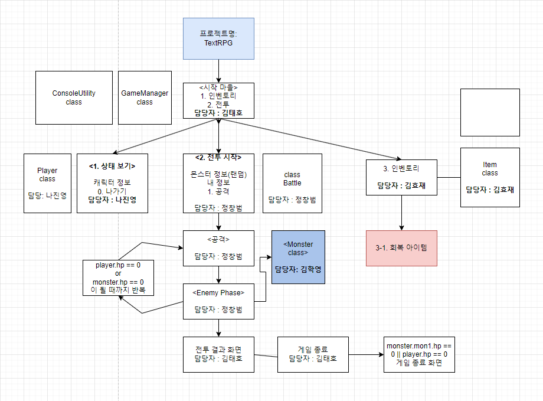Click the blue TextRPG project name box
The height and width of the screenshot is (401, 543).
click(x=218, y=38)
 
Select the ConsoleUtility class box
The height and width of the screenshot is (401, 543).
click(x=74, y=97)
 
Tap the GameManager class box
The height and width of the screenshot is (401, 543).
click(x=145, y=97)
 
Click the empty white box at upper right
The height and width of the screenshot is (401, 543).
click(x=490, y=112)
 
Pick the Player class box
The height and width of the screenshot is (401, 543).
click(x=47, y=183)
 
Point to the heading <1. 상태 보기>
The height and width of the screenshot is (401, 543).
click(x=112, y=166)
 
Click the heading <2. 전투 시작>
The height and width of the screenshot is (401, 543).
click(x=218, y=158)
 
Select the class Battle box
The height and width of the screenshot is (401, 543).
click(x=292, y=183)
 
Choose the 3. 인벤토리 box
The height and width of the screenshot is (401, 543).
click(x=401, y=177)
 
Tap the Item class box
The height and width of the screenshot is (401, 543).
click(x=490, y=177)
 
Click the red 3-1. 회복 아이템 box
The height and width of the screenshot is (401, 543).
click(x=401, y=248)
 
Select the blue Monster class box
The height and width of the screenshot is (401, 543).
click(x=298, y=257)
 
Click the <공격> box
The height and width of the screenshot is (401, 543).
click(x=218, y=248)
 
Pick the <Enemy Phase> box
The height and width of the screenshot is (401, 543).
click(x=218, y=301)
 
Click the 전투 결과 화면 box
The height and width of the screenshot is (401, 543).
click(x=218, y=354)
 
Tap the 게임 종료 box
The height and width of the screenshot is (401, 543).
click(x=313, y=354)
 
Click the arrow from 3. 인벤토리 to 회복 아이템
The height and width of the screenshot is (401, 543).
click(x=401, y=213)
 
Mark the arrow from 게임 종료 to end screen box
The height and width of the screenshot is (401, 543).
click(x=366, y=355)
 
